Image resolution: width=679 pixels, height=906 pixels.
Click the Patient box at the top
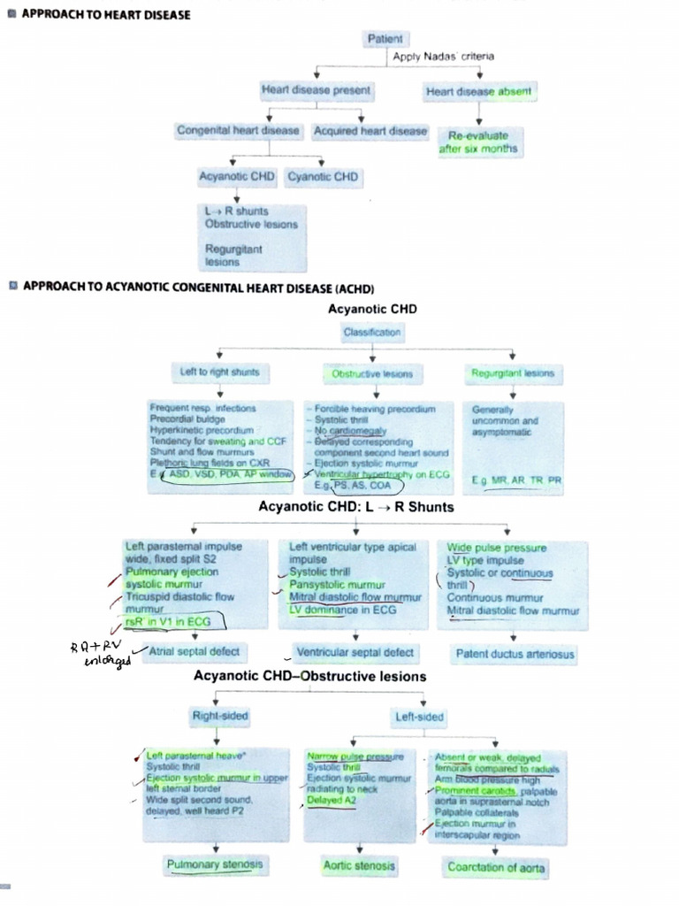[385, 39]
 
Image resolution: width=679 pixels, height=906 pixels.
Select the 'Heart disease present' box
[316, 90]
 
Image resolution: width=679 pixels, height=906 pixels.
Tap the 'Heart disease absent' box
[478, 91]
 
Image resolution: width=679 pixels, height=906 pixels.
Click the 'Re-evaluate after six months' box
[478, 142]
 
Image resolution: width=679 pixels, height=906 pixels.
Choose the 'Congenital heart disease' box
[238, 131]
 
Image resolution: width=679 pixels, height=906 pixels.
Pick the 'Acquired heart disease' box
[370, 131]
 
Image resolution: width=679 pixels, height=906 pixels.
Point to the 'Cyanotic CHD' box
[322, 177]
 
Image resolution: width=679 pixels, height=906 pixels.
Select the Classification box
[371, 333]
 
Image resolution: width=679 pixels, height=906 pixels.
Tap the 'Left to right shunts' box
[219, 373]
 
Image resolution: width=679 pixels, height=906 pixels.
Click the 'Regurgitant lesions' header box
[513, 373]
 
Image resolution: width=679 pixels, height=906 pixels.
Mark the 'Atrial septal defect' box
[195, 652]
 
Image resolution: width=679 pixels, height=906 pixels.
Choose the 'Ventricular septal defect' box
[355, 653]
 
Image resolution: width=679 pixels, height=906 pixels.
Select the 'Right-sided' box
[220, 715]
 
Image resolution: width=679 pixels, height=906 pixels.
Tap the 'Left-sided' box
[420, 717]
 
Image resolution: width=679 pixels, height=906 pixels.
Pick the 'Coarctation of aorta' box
[496, 868]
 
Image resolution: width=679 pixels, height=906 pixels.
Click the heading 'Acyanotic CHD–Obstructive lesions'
[309, 677]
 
